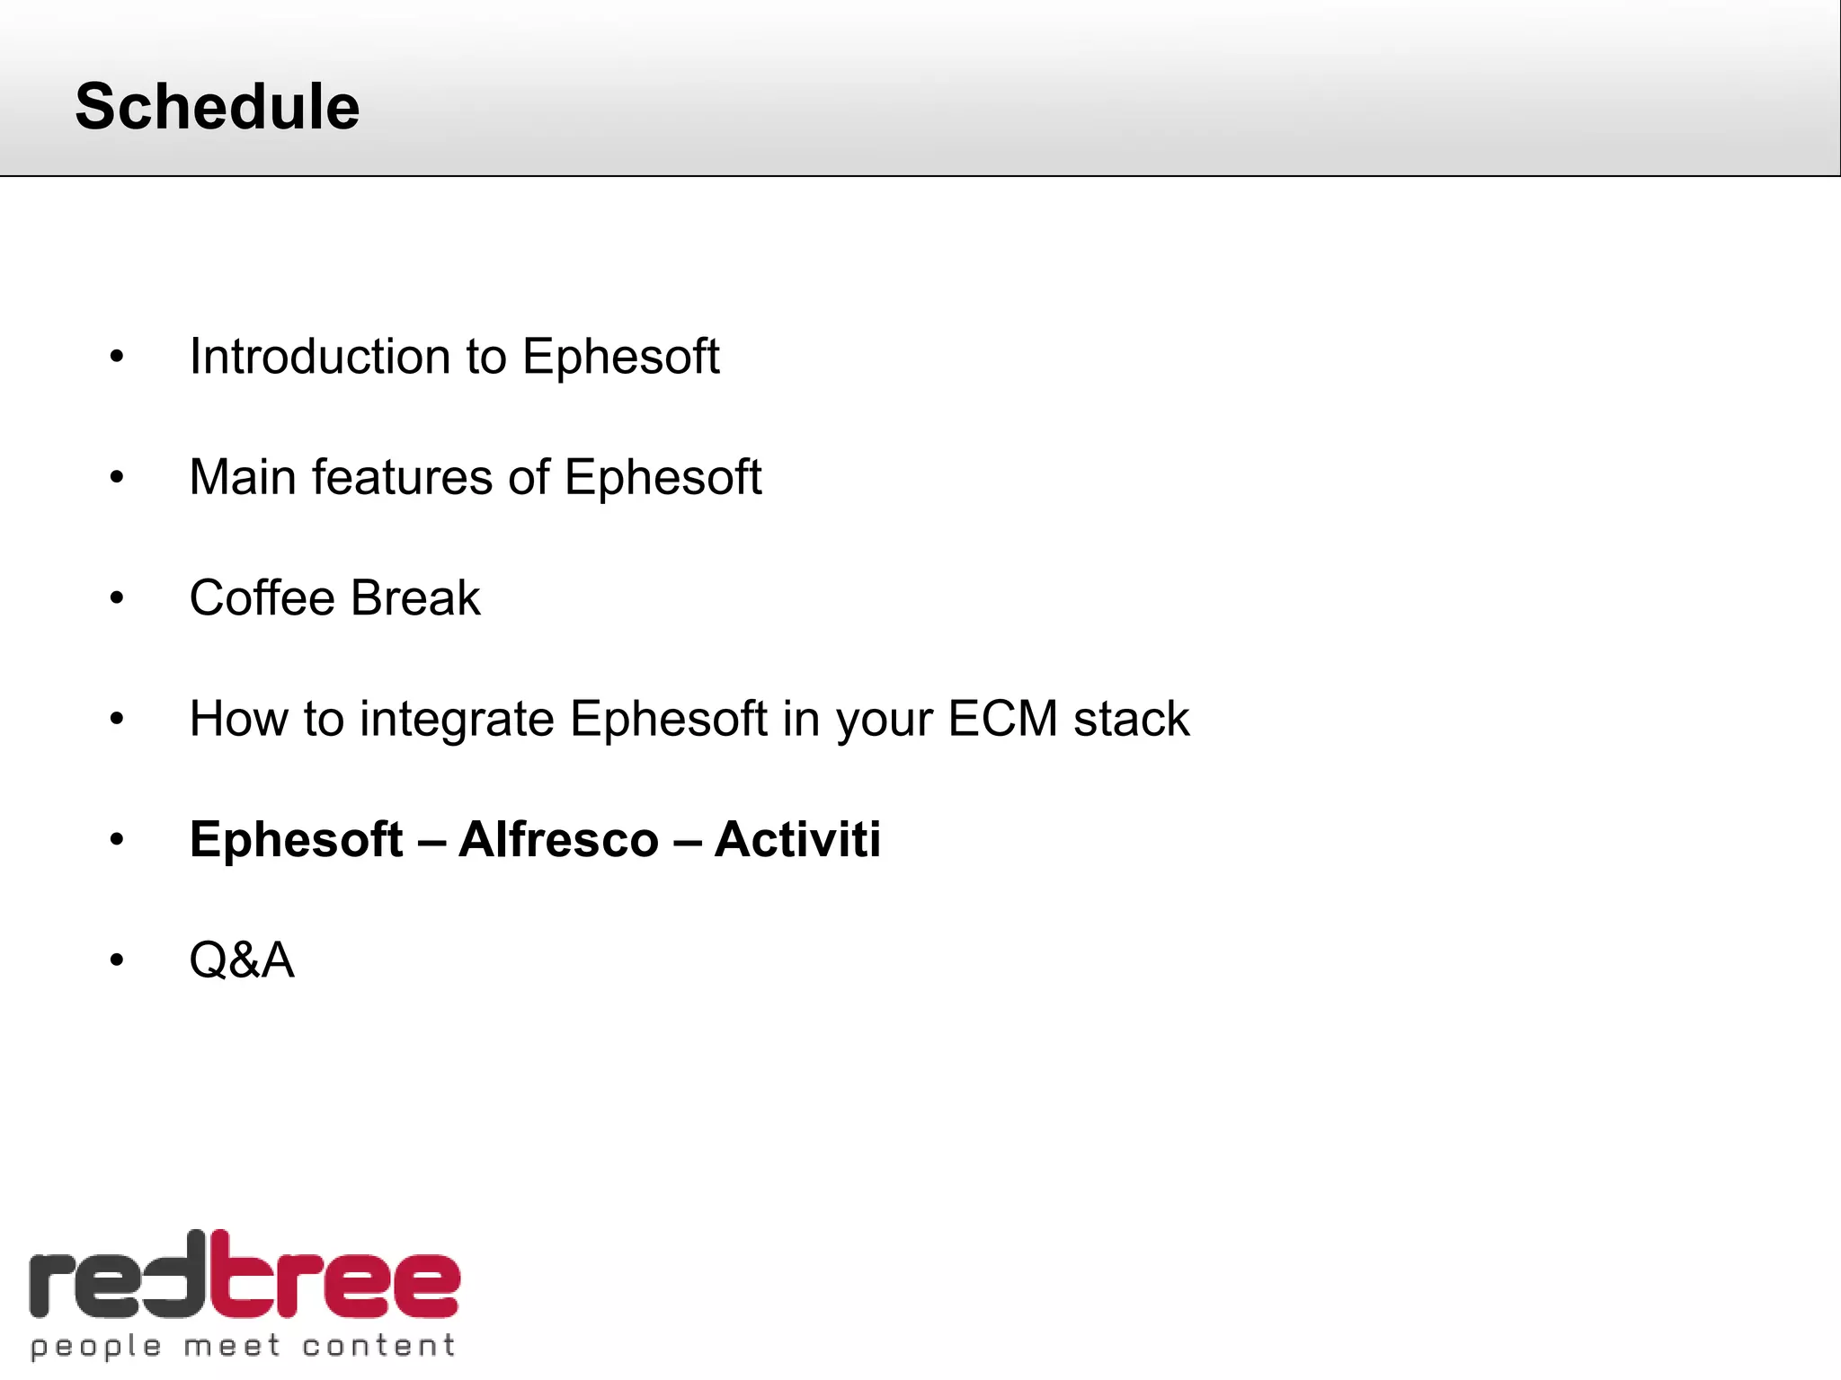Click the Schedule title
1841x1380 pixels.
(x=217, y=106)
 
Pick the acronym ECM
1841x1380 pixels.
(x=1002, y=719)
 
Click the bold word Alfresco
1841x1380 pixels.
(x=558, y=839)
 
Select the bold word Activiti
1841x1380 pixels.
(x=797, y=839)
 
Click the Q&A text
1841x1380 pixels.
(x=241, y=960)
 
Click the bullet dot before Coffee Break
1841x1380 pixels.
(x=117, y=598)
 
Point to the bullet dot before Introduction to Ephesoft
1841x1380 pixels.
(x=117, y=358)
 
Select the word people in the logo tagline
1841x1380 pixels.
(x=96, y=1346)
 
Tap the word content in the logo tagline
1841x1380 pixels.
(x=378, y=1345)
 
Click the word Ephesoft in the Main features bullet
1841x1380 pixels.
(x=663, y=477)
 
